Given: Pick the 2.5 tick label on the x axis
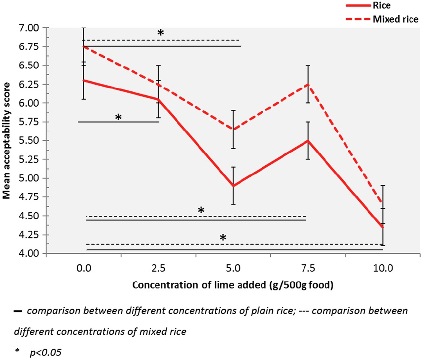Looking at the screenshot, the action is click(x=158, y=268).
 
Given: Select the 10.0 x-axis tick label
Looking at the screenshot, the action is click(x=383, y=268).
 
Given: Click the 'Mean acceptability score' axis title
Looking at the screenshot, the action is click(x=6, y=141).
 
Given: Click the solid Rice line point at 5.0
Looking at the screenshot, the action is click(x=233, y=186).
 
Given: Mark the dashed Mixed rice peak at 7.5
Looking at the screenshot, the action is click(x=308, y=84).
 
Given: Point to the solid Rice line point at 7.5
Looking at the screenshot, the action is click(x=308, y=141).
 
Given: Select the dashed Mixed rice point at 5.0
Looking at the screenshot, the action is click(x=233, y=129).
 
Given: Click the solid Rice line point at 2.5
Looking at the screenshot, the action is click(x=158, y=99).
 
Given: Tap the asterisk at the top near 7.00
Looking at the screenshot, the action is click(x=161, y=32).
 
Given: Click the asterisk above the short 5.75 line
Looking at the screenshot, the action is click(x=118, y=117).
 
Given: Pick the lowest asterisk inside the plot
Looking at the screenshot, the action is click(x=223, y=237).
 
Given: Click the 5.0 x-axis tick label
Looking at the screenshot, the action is click(x=233, y=268).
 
